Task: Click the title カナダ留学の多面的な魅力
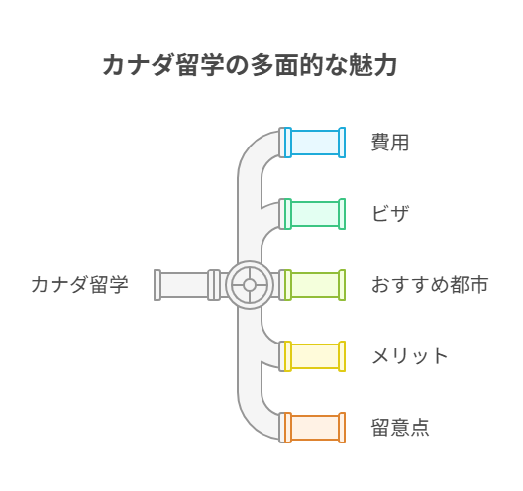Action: coord(250,65)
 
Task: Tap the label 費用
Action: coord(390,143)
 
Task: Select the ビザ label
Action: coord(390,214)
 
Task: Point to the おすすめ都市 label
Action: coord(430,285)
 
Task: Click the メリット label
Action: coord(409,356)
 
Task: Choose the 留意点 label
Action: coord(400,428)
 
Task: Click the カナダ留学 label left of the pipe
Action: coord(79,285)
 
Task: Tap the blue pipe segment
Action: coord(315,143)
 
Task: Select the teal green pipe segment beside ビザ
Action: coord(315,214)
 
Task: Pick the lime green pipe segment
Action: coord(315,285)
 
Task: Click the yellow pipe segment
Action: coord(315,356)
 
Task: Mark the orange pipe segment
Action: coord(315,428)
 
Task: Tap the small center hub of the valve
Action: coord(250,285)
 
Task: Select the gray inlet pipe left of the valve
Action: coord(187,285)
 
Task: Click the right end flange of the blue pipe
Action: coord(342,143)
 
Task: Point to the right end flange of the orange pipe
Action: coord(342,428)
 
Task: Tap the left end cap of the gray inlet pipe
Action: coord(157,285)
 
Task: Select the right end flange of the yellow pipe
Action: coord(342,356)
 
